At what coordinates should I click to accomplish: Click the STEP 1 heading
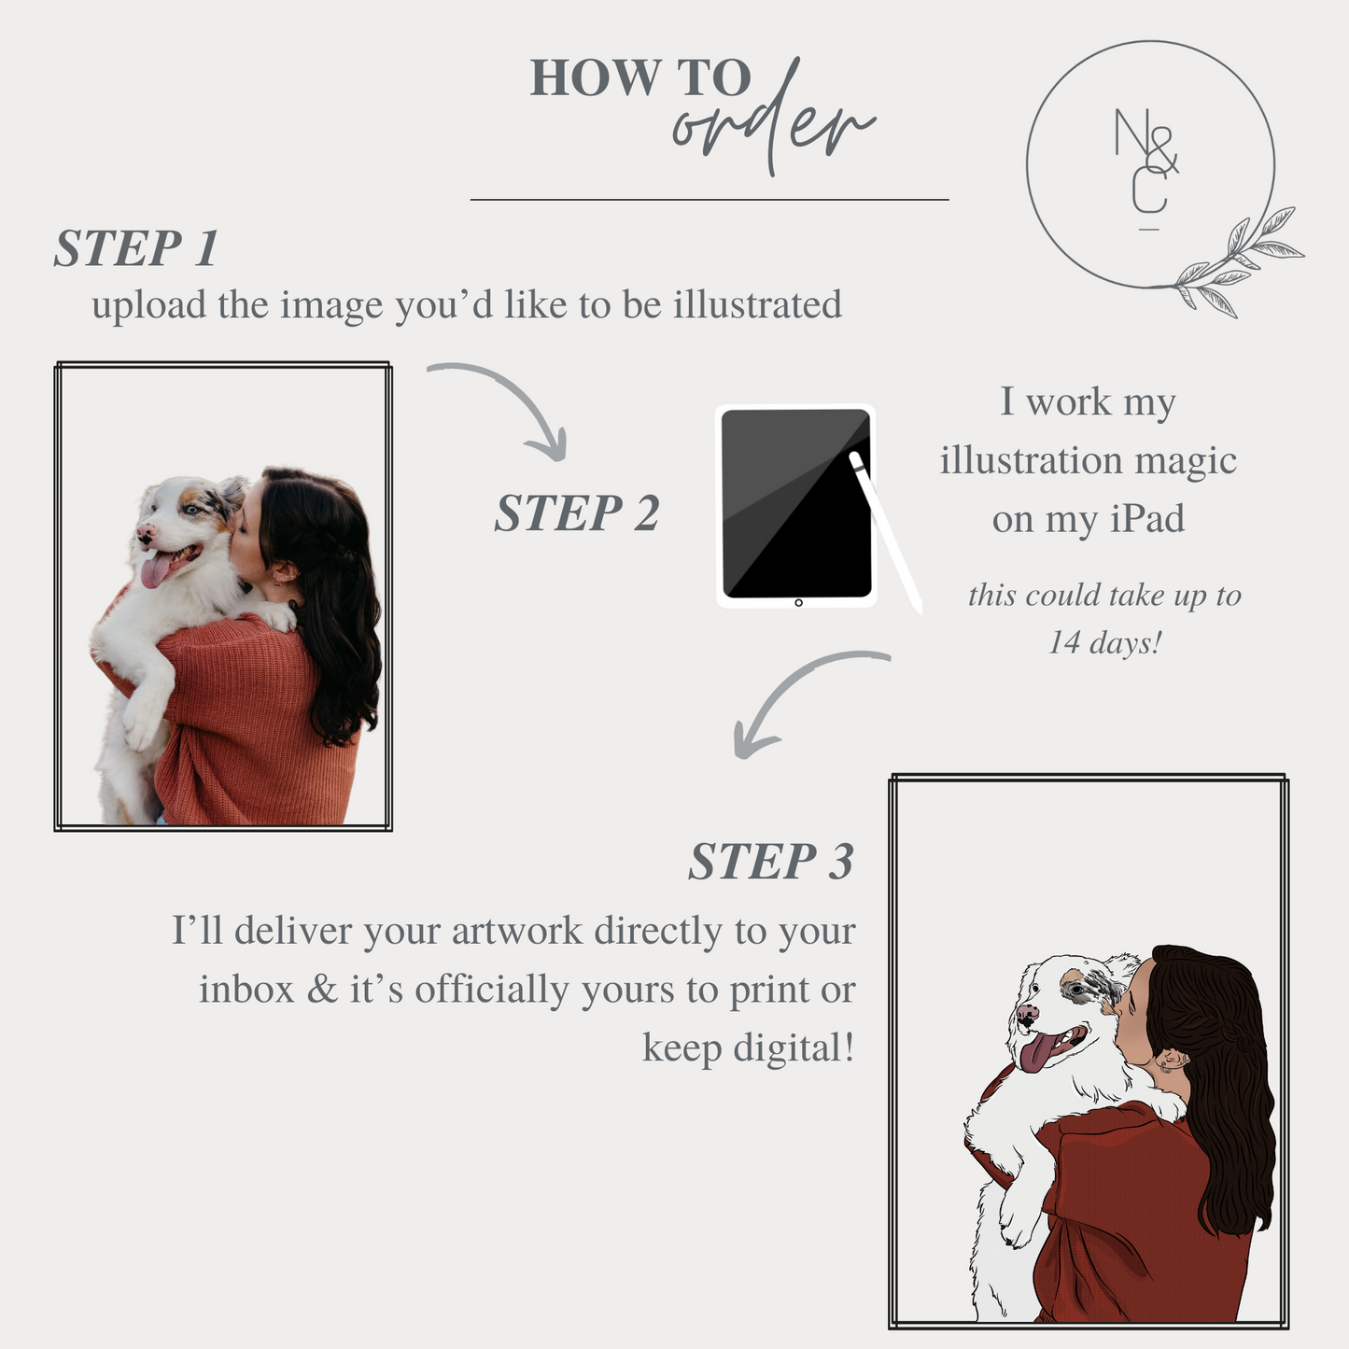click(x=136, y=248)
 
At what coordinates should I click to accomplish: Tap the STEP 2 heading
click(x=577, y=513)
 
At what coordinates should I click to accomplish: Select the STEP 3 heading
click(x=771, y=861)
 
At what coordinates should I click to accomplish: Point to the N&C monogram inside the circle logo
click(x=1146, y=168)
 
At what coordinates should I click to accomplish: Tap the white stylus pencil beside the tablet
click(x=885, y=532)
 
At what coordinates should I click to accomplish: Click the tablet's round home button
click(x=798, y=603)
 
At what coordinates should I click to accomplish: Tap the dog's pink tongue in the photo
click(x=155, y=569)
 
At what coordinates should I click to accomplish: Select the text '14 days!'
click(x=1104, y=642)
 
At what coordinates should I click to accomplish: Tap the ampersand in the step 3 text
click(x=322, y=990)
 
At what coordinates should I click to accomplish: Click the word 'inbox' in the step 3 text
click(x=246, y=990)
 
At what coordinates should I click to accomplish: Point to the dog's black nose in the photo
click(x=144, y=533)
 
